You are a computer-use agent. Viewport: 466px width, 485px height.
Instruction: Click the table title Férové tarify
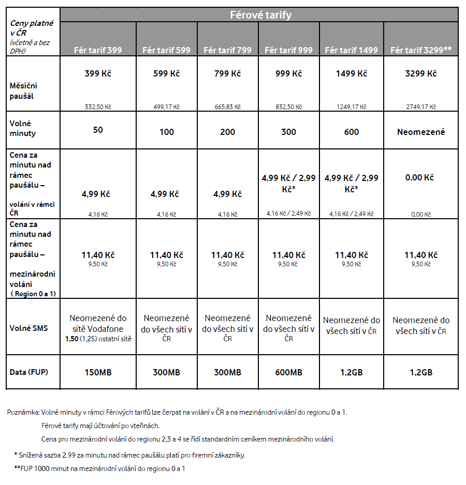(x=260, y=15)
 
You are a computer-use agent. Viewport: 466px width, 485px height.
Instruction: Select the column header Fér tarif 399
(x=98, y=50)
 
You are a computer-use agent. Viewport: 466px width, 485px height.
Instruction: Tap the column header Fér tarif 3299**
(x=421, y=50)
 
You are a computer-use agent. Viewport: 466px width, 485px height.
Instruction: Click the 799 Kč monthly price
(x=227, y=73)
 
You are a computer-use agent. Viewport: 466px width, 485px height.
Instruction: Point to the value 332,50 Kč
(x=98, y=107)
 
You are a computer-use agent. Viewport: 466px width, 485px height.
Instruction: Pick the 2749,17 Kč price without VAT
(x=421, y=107)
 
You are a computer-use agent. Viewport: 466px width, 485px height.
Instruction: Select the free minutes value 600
(x=351, y=132)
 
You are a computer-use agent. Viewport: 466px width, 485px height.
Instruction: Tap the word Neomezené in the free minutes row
(x=421, y=132)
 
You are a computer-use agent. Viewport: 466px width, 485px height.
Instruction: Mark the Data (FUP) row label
(x=30, y=372)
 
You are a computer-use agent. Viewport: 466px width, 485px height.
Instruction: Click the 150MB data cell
(x=98, y=372)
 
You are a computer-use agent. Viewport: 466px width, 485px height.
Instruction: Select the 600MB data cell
(x=288, y=372)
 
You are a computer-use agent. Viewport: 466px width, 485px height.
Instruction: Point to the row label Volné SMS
(x=29, y=328)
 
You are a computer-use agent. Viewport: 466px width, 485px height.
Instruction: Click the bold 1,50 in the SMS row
(x=71, y=339)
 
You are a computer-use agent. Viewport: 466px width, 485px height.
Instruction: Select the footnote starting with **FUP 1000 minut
(x=99, y=468)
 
